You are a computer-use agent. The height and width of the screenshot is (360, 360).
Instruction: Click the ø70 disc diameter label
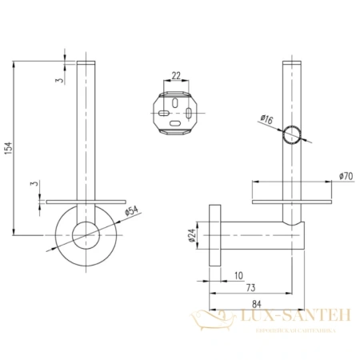tap(345, 175)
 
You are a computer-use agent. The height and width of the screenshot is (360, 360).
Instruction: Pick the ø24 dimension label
tap(191, 236)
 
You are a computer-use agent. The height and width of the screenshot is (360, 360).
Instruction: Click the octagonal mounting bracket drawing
tap(175, 113)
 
